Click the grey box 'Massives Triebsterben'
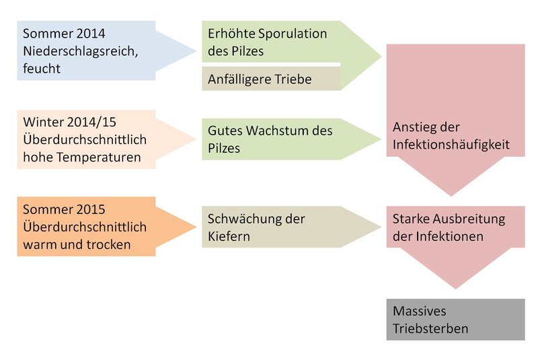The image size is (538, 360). point(455,320)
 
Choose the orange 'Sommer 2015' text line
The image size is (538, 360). point(65,209)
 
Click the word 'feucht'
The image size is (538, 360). point(42,68)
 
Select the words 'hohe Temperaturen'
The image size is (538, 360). point(81,157)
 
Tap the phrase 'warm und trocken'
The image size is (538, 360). point(76,244)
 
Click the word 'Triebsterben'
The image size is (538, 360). point(430,329)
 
